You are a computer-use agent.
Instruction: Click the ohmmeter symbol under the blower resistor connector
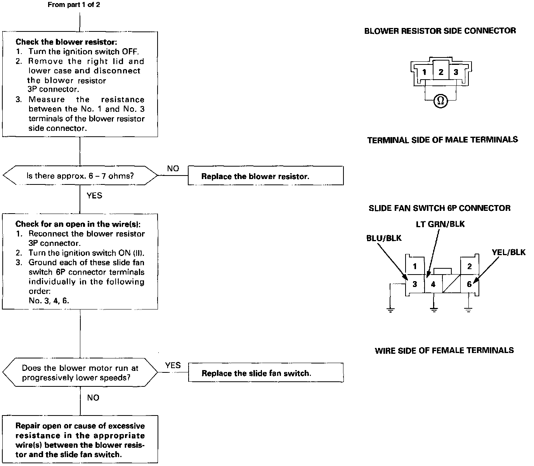point(440,101)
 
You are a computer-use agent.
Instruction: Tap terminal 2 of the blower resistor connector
point(441,71)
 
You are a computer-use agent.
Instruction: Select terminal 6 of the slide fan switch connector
point(469,284)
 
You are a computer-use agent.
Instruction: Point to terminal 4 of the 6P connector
point(433,284)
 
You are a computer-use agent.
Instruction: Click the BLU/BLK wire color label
point(384,238)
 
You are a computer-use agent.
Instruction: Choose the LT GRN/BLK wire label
point(440,224)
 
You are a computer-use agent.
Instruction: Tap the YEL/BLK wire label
point(509,252)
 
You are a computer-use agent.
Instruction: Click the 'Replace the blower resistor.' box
point(266,176)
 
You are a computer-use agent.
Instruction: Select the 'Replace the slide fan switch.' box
point(266,372)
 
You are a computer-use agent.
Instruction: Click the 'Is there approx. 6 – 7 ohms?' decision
point(80,176)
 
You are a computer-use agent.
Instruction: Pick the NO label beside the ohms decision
point(173,169)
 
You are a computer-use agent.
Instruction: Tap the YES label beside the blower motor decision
point(173,365)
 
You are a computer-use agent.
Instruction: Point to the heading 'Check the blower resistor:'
point(66,42)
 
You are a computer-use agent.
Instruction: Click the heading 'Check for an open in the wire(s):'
point(78,224)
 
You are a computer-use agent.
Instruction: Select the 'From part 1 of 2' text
point(74,5)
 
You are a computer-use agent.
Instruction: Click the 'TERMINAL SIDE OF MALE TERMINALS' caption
point(442,140)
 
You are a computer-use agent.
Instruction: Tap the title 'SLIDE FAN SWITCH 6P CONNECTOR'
point(440,208)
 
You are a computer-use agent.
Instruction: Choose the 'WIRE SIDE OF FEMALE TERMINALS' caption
point(444,350)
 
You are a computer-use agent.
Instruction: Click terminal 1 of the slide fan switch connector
point(415,266)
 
